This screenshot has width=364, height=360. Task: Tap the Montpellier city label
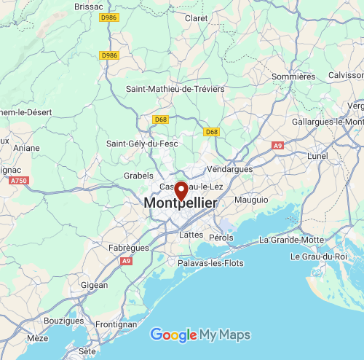pos(180,203)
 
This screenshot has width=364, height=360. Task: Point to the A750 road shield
pos(19,180)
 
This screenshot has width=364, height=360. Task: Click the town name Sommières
pos(293,77)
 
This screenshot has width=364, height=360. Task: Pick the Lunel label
pos(318,156)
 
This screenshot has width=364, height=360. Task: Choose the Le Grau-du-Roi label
pos(319,257)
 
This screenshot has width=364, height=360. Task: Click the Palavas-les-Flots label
pos(211,263)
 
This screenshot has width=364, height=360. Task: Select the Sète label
pos(87,351)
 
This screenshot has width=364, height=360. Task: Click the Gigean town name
pos(95,285)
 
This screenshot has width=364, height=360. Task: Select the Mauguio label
pos(251,199)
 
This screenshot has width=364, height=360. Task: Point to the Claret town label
pos(197,18)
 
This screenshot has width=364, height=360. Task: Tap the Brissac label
pos(89,6)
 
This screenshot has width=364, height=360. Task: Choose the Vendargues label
pos(229,169)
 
